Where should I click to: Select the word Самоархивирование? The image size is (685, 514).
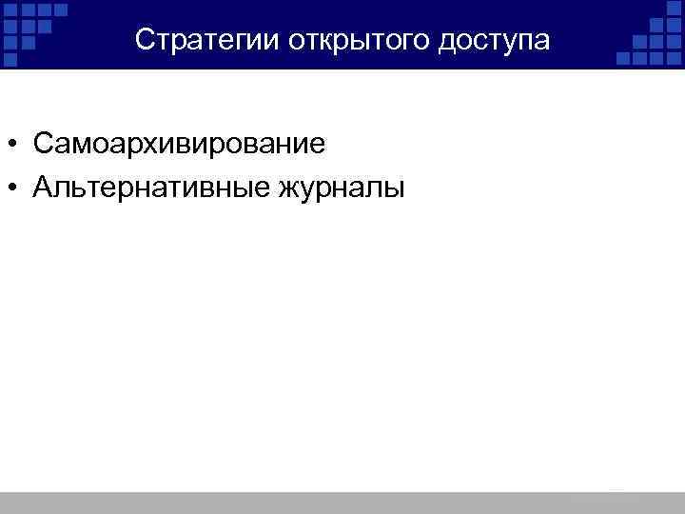tap(179, 145)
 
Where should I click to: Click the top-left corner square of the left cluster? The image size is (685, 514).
tap(10, 10)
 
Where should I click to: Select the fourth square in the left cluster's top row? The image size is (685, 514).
tap(61, 10)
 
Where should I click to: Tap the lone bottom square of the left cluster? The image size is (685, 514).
tap(10, 59)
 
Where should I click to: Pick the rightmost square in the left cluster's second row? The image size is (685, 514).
tap(45, 27)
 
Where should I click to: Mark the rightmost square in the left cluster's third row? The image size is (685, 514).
tap(29, 43)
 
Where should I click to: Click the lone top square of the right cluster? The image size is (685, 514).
tap(674, 9)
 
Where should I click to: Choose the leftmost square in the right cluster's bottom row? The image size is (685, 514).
tap(623, 58)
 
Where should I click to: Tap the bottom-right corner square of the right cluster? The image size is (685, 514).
tap(674, 58)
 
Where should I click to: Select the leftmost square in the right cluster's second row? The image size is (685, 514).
tap(656, 26)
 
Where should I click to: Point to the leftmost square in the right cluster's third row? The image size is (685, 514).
tap(639, 42)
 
